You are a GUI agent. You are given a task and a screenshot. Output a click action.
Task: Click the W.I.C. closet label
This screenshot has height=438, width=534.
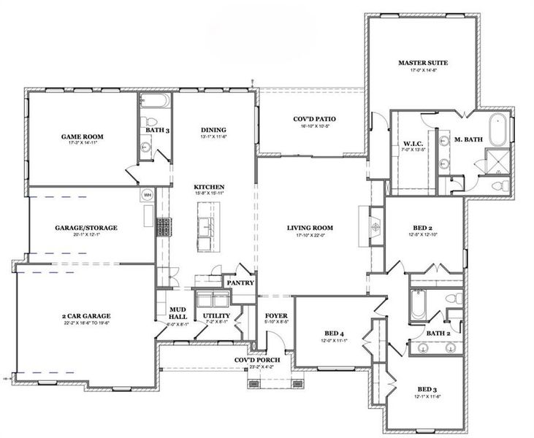[413, 143]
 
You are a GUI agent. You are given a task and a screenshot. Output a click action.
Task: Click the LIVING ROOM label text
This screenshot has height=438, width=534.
[310, 228]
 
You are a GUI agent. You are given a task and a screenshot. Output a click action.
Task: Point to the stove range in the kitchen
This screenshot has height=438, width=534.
[165, 227]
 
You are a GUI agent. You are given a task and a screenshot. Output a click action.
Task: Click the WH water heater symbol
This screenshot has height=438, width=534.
[146, 195]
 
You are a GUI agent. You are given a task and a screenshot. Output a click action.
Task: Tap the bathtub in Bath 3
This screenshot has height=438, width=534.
[154, 101]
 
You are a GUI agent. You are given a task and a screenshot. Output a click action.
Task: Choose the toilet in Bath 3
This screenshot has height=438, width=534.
[147, 121]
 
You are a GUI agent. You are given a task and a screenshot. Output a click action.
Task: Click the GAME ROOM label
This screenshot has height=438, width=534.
[81, 137]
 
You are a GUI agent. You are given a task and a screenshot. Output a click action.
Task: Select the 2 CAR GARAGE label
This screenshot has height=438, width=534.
[86, 316]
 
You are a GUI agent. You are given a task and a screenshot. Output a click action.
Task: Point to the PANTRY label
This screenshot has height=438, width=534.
[240, 282]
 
